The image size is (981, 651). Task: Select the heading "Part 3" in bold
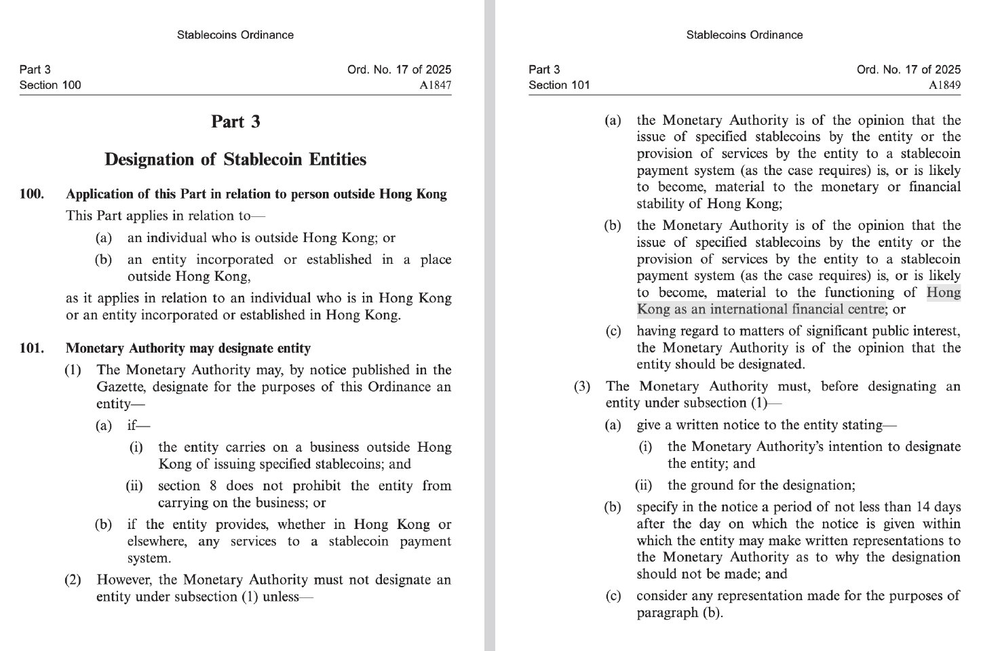235,122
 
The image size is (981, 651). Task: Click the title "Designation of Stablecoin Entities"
235,160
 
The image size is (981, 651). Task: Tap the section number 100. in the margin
32,195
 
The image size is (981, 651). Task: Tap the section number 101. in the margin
32,349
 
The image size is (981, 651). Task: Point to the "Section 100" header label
50,85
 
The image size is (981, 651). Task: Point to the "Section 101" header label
560,85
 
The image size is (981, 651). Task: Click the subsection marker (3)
582,387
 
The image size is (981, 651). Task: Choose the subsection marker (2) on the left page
73,580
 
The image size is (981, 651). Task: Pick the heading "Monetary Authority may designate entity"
188,349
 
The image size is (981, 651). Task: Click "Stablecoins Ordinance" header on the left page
235,35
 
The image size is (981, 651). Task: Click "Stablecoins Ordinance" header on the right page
744,35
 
